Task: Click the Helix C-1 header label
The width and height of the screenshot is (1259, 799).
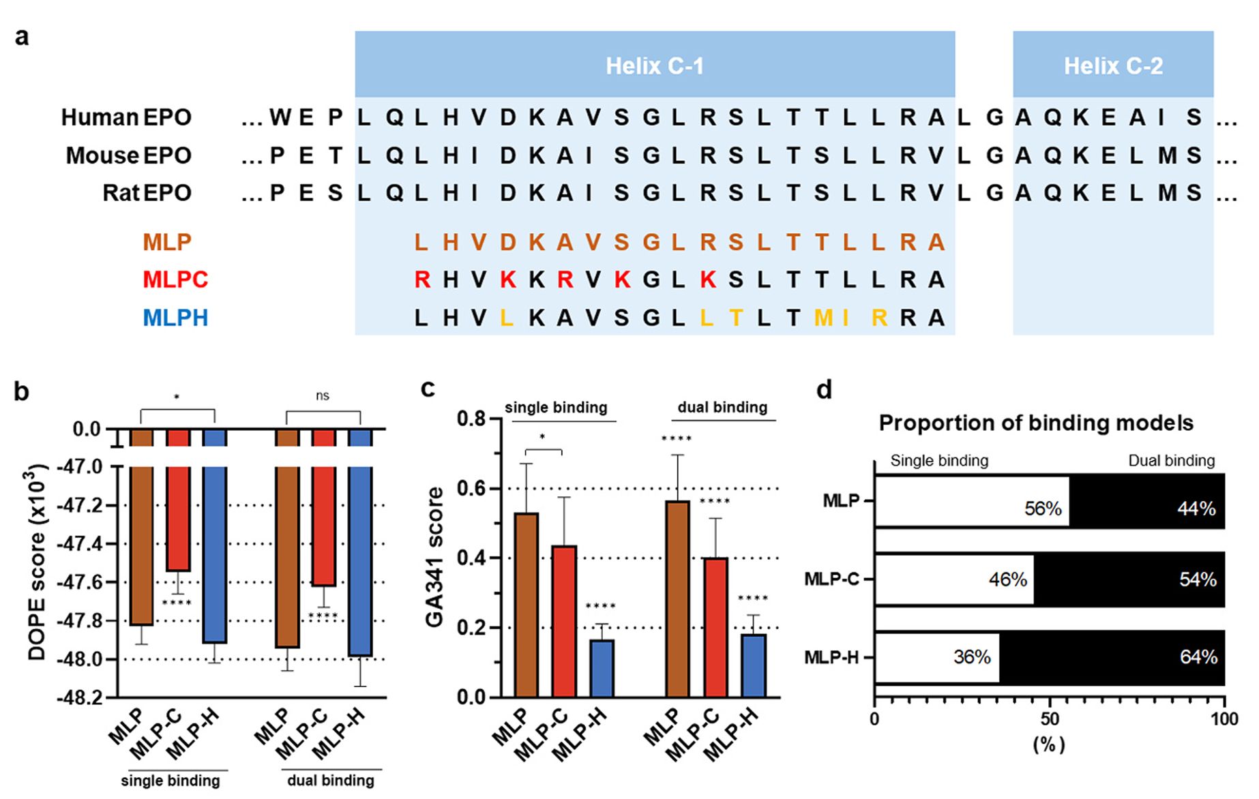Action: pos(654,66)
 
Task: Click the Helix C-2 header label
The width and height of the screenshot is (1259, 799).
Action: pos(1113,66)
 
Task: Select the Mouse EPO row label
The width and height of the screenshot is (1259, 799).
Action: pos(128,155)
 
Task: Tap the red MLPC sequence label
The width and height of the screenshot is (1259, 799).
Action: pos(175,280)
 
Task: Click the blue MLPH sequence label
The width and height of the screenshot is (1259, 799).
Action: pos(175,318)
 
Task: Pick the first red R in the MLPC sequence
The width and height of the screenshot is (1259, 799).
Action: pos(422,280)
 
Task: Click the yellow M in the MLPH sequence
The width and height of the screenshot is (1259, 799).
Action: pos(823,318)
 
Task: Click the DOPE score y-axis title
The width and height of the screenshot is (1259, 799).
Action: pos(38,562)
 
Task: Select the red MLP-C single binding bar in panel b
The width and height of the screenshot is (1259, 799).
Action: pos(178,518)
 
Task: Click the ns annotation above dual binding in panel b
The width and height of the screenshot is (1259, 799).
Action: pos(323,395)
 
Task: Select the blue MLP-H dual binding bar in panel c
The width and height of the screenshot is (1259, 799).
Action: pos(754,665)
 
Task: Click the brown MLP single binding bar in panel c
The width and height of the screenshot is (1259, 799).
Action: pos(527,604)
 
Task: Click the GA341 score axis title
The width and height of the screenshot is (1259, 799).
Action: pos(434,556)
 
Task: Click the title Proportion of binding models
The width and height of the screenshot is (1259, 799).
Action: pos(1035,423)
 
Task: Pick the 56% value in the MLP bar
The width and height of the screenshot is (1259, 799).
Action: pos(1043,509)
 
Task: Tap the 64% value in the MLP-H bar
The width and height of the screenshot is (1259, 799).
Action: pos(1198,657)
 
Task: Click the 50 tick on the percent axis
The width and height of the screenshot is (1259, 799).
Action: pos(1050,719)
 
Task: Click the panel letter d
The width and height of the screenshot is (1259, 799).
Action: pos(825,390)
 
